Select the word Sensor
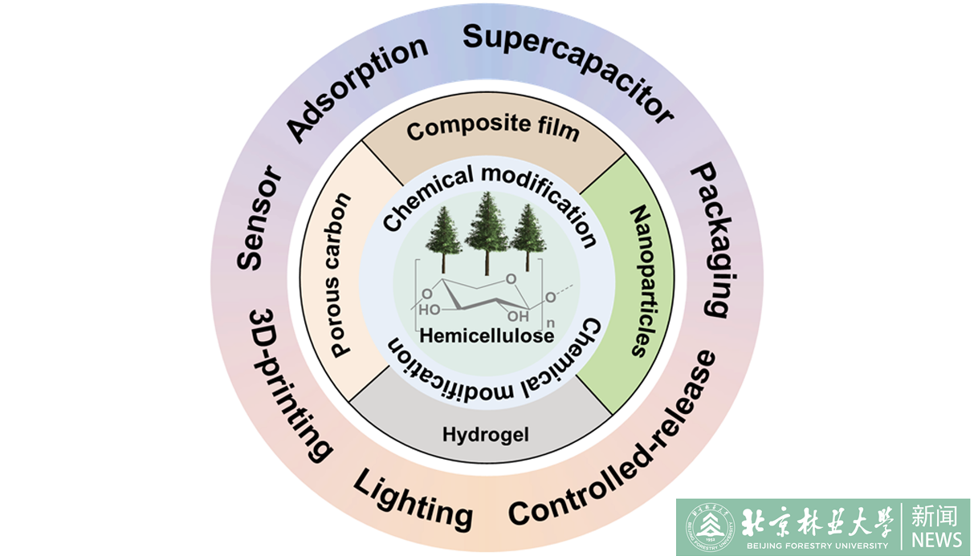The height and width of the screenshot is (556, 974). tap(259, 217)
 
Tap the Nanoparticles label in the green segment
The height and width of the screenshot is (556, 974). tap(638, 280)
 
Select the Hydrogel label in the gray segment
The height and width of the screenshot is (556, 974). tap(481, 435)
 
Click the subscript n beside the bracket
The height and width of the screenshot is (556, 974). tap(550, 323)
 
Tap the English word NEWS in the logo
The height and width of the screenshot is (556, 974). tap(936, 538)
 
